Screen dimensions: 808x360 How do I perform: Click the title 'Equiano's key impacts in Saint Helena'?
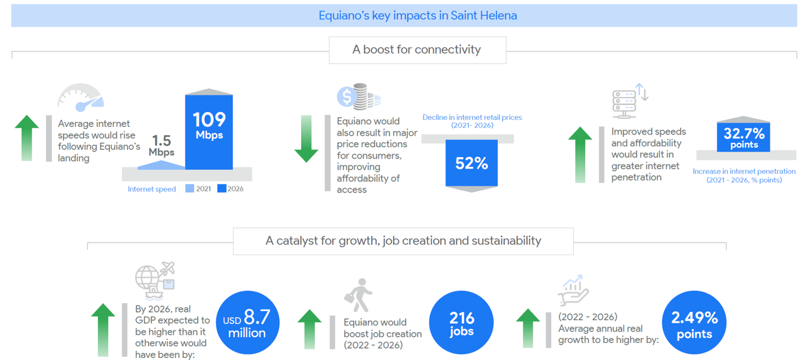coord(418,16)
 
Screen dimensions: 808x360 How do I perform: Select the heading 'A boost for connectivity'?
coord(417,49)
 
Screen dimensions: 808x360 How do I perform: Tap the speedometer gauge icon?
coord(81,97)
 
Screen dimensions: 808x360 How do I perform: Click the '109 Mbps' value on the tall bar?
coord(209,126)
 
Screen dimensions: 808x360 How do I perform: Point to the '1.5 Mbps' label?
coord(161,145)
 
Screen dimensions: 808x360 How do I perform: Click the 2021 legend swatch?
coord(190,188)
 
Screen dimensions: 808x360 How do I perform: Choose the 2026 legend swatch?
coord(222,188)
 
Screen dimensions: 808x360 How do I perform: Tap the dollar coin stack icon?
coord(359,97)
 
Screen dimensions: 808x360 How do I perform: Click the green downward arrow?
coord(306,139)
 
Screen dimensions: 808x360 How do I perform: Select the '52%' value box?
coord(472,163)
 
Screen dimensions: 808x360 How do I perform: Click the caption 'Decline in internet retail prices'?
coord(472,117)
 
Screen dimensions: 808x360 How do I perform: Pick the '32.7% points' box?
coord(744,137)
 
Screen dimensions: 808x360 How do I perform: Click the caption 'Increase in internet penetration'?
coord(744,171)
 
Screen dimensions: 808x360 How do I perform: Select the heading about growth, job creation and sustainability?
coord(403,241)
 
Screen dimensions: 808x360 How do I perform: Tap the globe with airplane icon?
coord(155,280)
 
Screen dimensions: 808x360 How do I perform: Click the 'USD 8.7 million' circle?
coord(247,323)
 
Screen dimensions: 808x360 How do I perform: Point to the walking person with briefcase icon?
coord(358,295)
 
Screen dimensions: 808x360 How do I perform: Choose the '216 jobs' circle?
coord(461,323)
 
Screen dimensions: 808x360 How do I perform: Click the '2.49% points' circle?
coord(694,323)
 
